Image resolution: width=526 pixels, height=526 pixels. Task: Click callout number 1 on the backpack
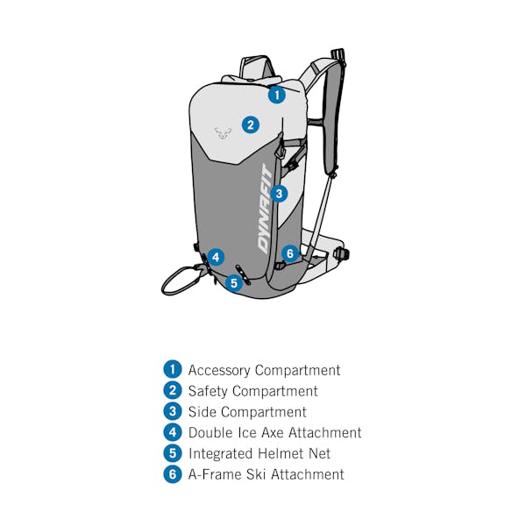click(x=277, y=95)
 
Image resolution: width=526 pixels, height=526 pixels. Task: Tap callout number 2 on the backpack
click(x=251, y=124)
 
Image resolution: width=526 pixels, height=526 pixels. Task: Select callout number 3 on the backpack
click(x=279, y=194)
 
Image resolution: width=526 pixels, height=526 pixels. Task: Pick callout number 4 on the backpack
click(x=216, y=257)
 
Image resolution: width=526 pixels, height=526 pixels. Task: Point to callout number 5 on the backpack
click(x=234, y=283)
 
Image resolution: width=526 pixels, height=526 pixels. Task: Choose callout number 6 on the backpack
click(x=290, y=253)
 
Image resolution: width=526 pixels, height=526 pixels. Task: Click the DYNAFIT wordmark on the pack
click(x=265, y=209)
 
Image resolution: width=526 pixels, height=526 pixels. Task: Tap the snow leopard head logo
click(x=223, y=133)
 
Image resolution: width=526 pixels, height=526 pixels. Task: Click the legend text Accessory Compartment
click(x=264, y=370)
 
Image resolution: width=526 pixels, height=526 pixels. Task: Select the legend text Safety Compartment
click(x=253, y=391)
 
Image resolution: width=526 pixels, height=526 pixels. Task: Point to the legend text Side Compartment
click(x=247, y=412)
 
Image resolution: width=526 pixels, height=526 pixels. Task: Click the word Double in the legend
click(x=210, y=433)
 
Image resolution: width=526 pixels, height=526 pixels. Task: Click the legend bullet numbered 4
click(x=173, y=432)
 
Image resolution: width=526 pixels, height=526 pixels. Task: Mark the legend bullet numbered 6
click(x=173, y=474)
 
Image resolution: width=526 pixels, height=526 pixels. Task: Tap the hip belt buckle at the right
click(x=341, y=253)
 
